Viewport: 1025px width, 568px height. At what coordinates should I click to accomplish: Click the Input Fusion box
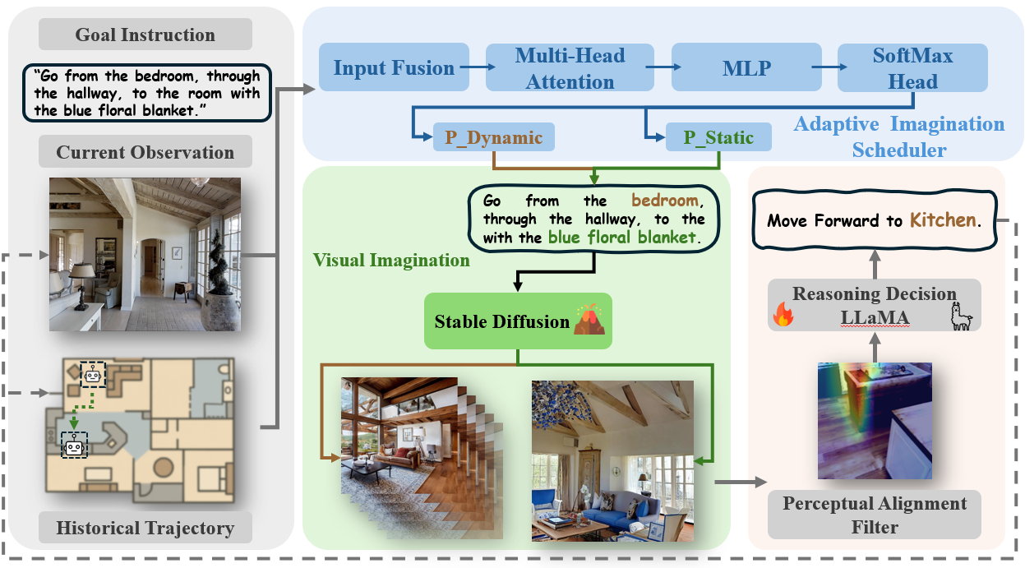[394, 68]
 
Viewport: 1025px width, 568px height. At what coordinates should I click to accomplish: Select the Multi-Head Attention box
[570, 68]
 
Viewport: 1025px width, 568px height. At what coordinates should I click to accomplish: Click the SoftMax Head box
[912, 68]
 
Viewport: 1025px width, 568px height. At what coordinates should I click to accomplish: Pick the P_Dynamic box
[493, 137]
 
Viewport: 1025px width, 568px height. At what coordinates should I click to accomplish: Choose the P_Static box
[708, 137]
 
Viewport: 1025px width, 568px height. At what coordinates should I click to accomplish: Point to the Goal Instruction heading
[145, 35]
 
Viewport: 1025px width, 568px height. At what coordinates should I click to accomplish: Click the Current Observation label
[145, 152]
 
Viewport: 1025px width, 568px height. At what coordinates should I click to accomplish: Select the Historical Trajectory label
[145, 528]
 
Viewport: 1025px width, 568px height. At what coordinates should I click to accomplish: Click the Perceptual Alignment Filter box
[875, 515]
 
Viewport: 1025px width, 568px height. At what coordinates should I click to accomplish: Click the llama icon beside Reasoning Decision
[961, 316]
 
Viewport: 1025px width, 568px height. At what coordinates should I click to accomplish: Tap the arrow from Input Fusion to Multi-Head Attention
[472, 68]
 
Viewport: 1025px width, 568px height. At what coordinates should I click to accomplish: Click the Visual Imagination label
[391, 261]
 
